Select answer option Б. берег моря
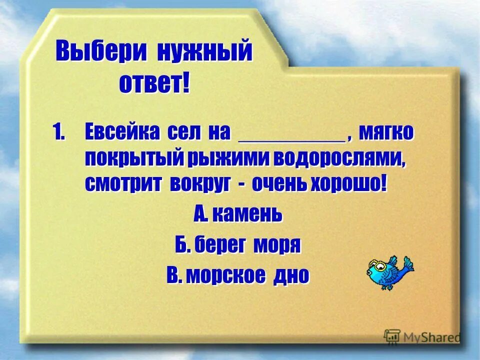tap(237, 245)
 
